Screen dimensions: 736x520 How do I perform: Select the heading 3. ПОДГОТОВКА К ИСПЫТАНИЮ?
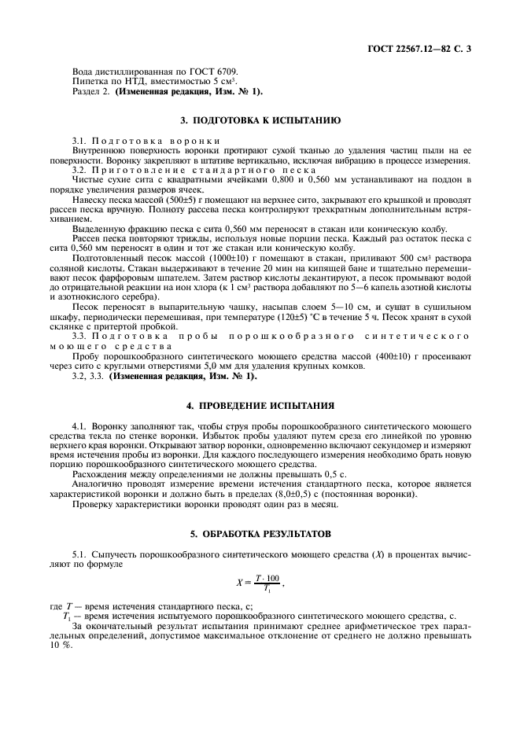tap(260, 121)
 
